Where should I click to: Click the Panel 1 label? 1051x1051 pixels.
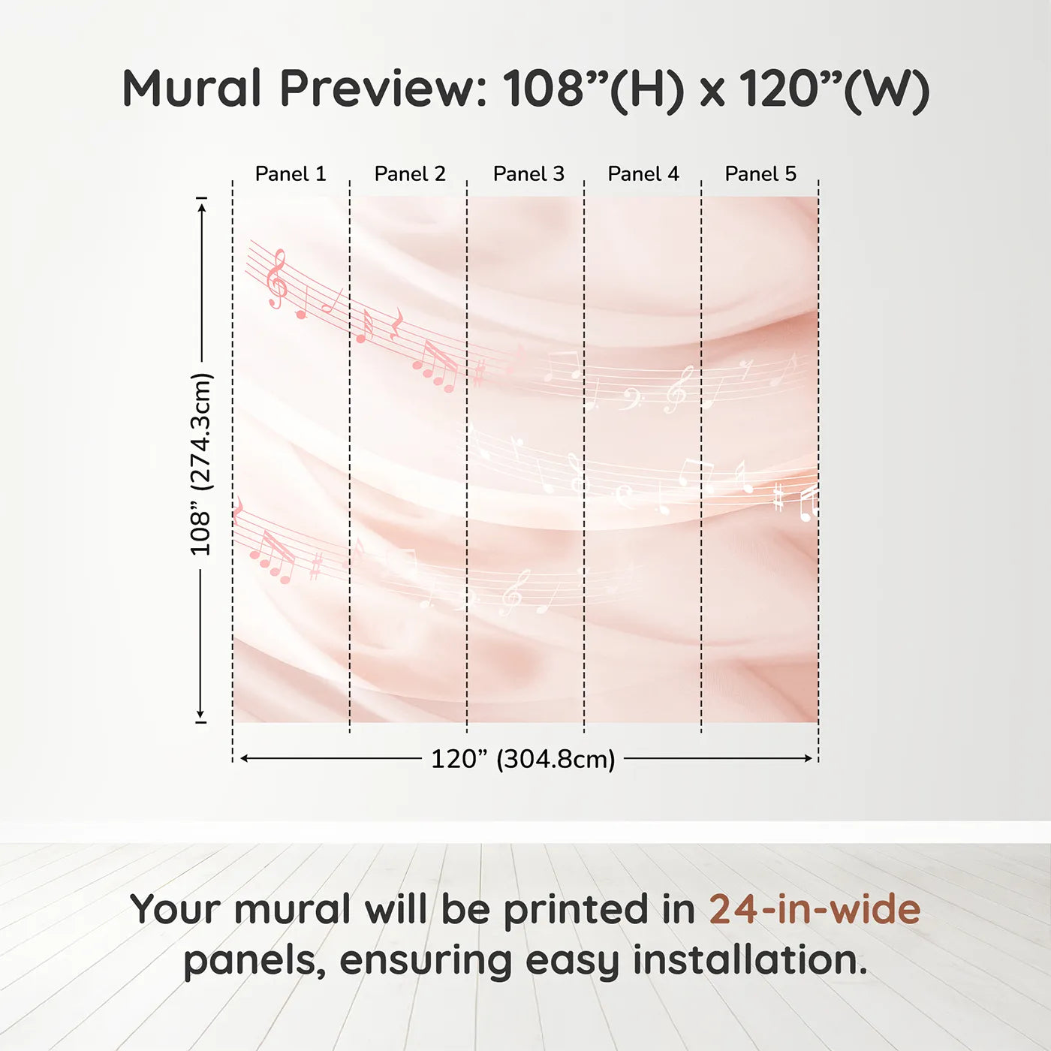[291, 174]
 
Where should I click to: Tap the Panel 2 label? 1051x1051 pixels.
[410, 174]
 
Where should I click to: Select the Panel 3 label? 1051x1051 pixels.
[529, 174]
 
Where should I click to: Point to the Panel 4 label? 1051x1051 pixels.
[643, 174]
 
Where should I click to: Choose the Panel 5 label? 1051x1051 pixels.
[760, 174]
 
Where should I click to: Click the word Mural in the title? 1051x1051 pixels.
[192, 89]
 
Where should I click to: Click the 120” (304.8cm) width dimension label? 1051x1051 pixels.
[523, 759]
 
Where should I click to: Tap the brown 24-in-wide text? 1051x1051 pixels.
[815, 909]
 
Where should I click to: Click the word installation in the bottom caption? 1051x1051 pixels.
[750, 960]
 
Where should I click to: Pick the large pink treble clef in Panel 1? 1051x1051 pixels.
[278, 279]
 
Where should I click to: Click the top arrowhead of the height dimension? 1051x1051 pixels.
[202, 208]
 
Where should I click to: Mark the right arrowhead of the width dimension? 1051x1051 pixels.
[809, 758]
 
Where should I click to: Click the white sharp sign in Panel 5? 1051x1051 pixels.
[778, 497]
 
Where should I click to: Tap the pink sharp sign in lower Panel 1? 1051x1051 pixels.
[315, 567]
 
